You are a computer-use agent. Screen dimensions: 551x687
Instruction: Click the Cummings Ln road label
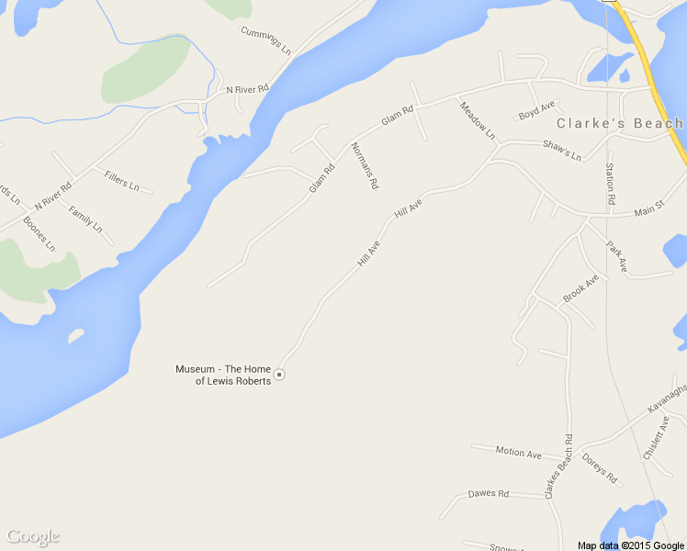265,39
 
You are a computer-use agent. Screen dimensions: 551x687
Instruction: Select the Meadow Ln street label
478,119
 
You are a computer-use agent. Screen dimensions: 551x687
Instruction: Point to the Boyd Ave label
537,111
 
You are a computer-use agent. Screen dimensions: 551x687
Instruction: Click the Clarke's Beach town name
619,123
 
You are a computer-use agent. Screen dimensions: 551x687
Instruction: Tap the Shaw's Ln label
562,151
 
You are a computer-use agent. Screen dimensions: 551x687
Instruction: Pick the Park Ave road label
615,257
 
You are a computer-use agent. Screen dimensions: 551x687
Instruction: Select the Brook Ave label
580,288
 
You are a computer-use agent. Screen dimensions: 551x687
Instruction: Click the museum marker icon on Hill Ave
280,375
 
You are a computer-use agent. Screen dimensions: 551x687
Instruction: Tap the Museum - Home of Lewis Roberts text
223,375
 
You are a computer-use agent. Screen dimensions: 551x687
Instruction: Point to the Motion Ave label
518,453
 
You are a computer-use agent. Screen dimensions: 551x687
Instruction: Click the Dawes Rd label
488,493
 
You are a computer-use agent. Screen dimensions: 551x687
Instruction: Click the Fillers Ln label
122,180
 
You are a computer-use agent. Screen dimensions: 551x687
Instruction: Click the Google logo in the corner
32,536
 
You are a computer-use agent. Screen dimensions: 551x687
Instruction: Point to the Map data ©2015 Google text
631,545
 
